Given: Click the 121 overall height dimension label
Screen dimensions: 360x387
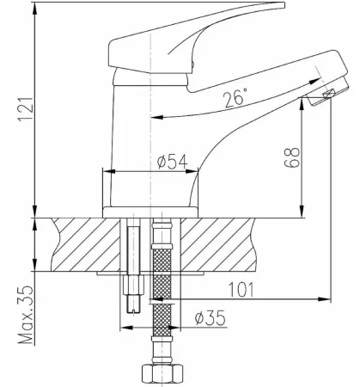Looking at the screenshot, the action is [27, 109].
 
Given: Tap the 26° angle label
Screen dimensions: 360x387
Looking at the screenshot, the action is [235, 97].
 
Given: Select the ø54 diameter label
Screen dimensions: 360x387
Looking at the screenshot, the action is [172, 162].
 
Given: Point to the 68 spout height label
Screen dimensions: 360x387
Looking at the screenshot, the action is [292, 157].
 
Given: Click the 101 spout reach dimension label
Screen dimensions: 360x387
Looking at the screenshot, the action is [241, 290].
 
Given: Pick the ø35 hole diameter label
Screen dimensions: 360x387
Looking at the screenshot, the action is [211, 317].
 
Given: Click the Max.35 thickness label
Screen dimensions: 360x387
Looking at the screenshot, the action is [27, 315].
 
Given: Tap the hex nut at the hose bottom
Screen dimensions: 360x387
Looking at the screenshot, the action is [162, 373].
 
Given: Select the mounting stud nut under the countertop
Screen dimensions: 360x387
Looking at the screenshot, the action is [133, 285].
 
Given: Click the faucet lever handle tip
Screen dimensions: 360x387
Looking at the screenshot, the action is [275, 6].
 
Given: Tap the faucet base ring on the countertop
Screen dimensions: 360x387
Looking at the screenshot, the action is [150, 212].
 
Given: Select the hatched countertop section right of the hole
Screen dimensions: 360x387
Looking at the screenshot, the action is [217, 244].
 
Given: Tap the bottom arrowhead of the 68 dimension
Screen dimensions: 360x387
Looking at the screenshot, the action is [302, 212].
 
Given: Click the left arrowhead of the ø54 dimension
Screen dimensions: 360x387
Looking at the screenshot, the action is [109, 171].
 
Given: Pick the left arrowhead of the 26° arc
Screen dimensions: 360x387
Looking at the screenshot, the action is [157, 117].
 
